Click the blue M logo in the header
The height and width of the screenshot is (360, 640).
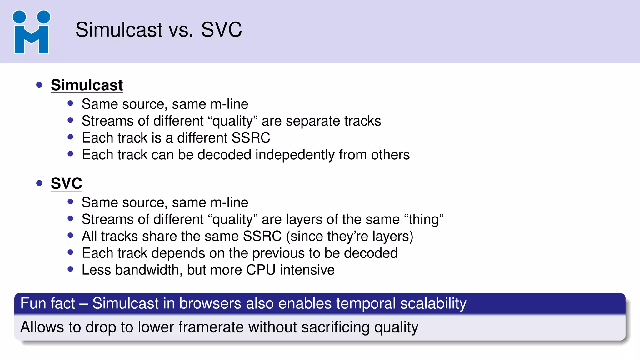31,32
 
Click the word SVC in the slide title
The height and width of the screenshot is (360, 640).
221,30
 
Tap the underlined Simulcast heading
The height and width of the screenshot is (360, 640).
87,85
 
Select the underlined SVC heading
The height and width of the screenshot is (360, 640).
66,183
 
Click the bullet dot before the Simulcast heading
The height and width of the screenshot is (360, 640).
39,85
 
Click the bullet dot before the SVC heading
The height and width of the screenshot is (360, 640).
39,183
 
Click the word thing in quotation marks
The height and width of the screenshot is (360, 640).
424,220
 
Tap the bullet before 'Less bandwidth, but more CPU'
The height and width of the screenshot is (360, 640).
70,269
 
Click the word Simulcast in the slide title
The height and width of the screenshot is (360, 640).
119,30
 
